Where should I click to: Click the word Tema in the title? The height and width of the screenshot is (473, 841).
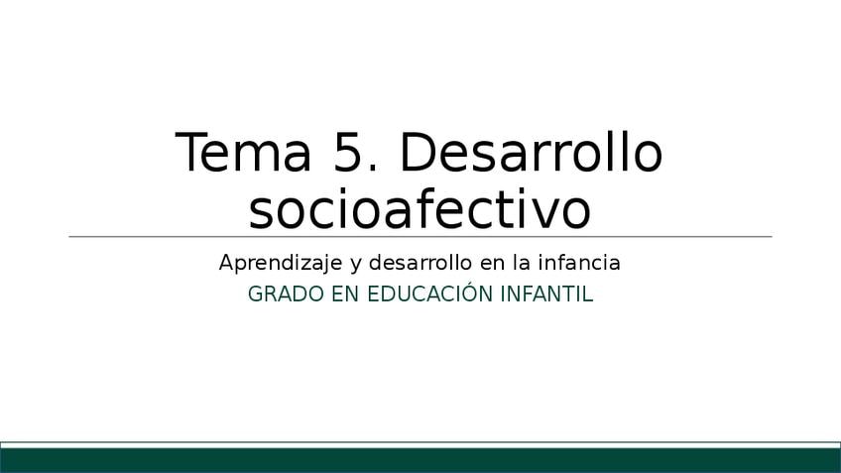[x=243, y=153]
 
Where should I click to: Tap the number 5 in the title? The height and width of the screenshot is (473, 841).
[x=347, y=153]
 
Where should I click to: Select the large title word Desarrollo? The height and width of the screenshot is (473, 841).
[x=532, y=152]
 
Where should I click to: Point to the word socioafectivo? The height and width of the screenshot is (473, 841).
[x=420, y=209]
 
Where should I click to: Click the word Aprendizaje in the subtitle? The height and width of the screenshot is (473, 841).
[x=281, y=264]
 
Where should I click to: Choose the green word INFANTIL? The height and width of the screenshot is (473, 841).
[x=546, y=295]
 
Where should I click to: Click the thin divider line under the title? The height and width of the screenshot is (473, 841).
[x=420, y=236]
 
